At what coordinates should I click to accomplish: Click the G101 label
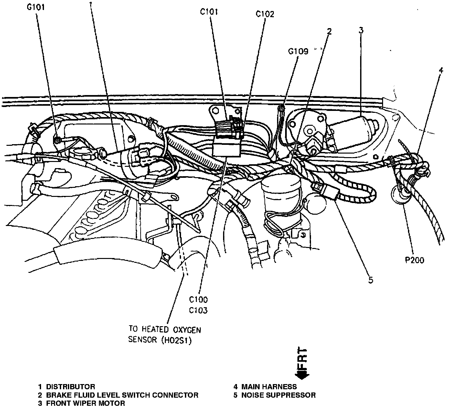coord(36,7)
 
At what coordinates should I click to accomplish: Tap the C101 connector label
coord(209,12)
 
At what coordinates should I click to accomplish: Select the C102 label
coord(265,14)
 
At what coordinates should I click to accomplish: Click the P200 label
coord(415,260)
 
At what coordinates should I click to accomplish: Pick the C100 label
coord(199,299)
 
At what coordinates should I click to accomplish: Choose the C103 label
coord(199,311)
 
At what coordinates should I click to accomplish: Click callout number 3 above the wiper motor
coord(361,30)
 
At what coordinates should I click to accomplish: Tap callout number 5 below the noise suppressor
coord(370,280)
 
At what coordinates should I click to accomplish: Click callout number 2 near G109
coord(329,31)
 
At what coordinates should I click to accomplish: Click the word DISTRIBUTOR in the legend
coord(70,387)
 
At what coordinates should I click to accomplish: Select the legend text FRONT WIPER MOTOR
coord(85,403)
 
